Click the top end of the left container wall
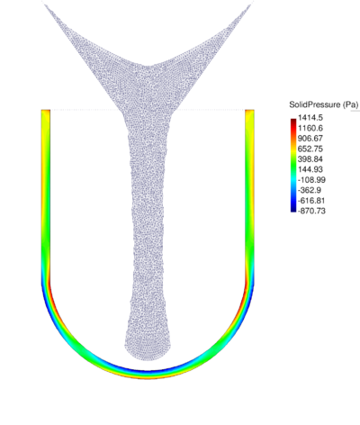(45, 112)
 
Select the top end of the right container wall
(249, 112)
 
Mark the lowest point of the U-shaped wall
(148, 374)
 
